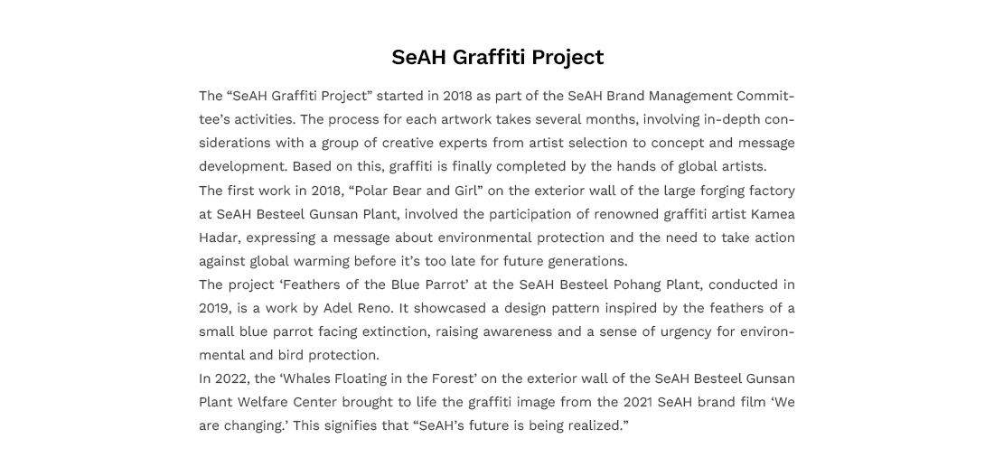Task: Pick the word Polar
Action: pos(369,191)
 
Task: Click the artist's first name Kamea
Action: pos(773,214)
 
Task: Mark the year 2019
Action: pos(216,309)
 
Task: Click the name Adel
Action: pos(338,308)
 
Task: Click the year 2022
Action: pos(232,379)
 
